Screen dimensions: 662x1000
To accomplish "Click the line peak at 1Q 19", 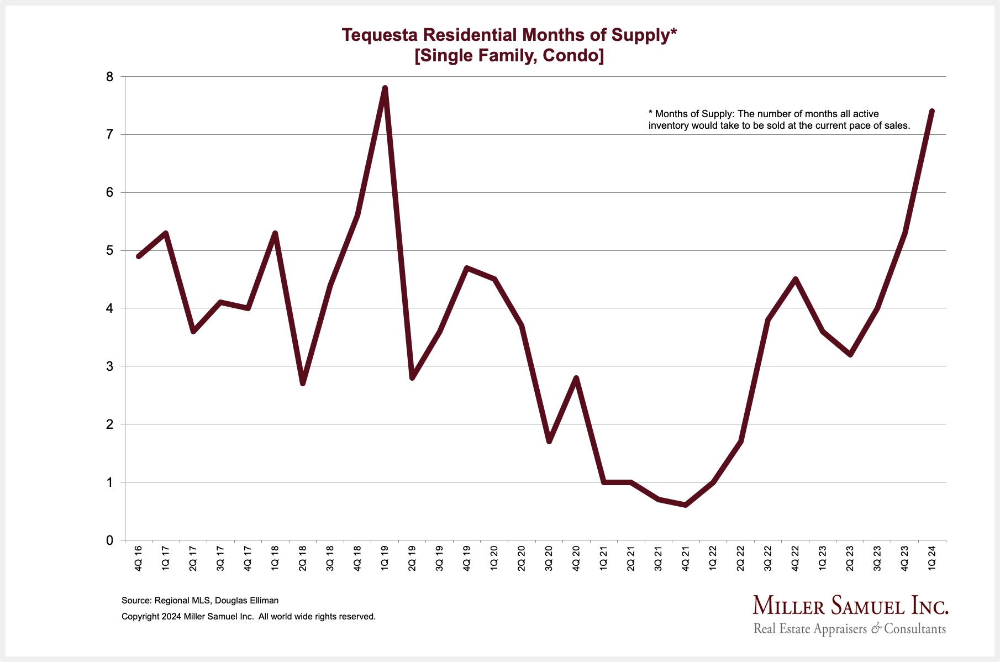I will (x=385, y=88).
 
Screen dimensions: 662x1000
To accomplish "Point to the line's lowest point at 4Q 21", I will (x=686, y=505).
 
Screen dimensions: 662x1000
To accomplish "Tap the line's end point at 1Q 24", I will (x=932, y=111).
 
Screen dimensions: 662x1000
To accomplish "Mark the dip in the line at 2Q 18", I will (x=303, y=383).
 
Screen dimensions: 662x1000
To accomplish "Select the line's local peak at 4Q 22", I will (x=795, y=279).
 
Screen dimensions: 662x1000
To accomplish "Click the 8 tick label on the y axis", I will (x=109, y=77).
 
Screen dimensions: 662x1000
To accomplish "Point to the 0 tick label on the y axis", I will (x=109, y=540).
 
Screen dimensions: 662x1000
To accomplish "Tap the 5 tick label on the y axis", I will (x=109, y=251).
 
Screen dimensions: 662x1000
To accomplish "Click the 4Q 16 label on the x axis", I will (x=139, y=559).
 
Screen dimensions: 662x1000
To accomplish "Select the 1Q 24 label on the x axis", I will (x=932, y=559).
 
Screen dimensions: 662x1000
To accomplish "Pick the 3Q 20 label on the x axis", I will (x=549, y=559).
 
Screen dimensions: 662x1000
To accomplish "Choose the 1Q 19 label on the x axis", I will (x=385, y=559).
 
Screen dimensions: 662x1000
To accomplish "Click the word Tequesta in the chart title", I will (x=380, y=35).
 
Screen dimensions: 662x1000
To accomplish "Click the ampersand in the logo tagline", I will (x=876, y=629).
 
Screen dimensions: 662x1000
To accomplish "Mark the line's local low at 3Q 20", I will (x=549, y=441).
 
